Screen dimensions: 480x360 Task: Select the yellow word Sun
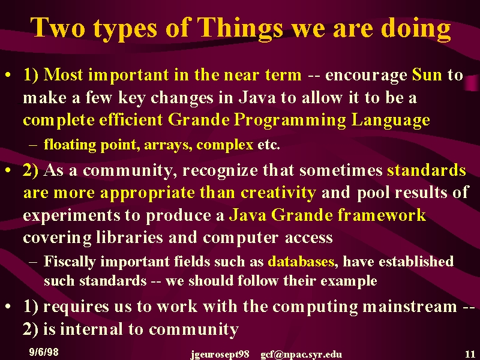pos(427,74)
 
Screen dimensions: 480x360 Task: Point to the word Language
pos(391,120)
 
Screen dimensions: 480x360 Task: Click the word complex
pos(224,145)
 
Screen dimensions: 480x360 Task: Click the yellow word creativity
pos(278,193)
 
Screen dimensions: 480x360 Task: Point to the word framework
pos(382,215)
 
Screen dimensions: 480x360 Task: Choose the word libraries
pos(130,237)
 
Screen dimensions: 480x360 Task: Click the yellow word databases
pos(301,262)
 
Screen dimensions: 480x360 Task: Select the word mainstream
pos(409,307)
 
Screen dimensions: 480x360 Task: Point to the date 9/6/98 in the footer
pos(44,352)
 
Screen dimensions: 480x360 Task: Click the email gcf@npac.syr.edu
pos(301,355)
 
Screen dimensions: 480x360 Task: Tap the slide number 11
pos(470,354)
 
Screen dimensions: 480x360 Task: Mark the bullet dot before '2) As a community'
pos(8,170)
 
